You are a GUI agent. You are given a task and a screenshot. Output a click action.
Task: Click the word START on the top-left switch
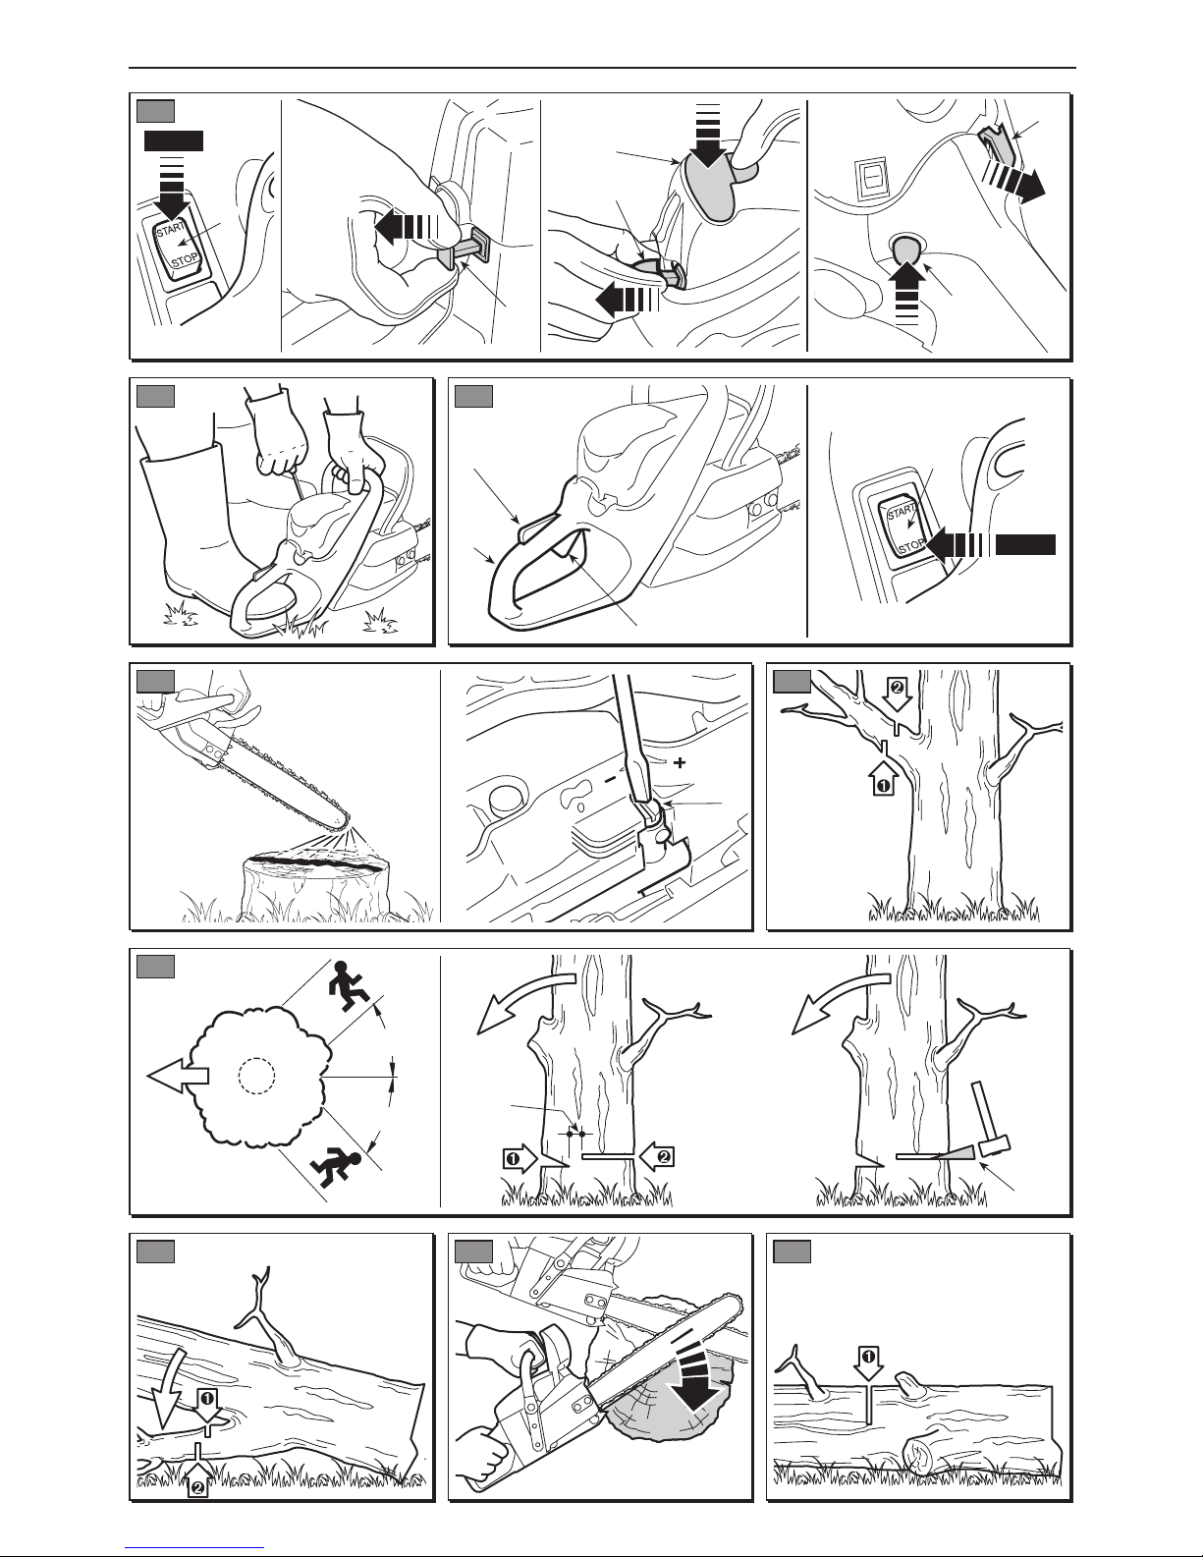[171, 229]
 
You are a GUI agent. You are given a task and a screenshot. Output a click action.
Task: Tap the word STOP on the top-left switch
[185, 262]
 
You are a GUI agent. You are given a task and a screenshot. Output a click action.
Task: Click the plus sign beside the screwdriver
[680, 762]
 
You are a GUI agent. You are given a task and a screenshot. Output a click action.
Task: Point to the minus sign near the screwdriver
[610, 780]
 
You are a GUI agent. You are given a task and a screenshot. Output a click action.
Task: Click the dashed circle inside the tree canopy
[256, 1076]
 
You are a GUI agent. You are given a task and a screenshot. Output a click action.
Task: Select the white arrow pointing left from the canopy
[178, 1076]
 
